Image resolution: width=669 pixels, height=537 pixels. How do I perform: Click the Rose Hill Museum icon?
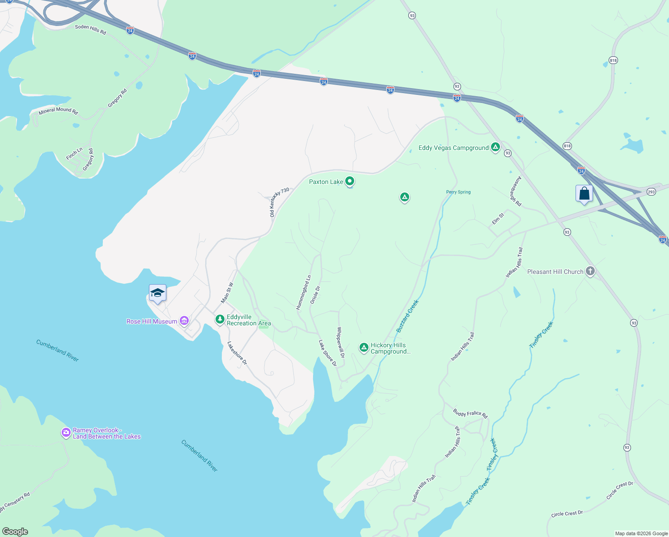(x=184, y=321)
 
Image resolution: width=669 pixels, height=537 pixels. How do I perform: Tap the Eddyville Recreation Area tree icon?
(x=220, y=319)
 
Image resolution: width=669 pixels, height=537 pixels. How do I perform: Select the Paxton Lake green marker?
(x=350, y=181)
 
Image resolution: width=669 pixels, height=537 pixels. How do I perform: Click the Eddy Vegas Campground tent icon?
(x=495, y=147)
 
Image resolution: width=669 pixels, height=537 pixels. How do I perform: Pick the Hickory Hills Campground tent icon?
(x=364, y=347)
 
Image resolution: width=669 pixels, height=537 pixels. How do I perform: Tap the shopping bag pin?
(x=584, y=194)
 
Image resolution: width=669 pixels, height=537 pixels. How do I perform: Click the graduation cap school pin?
(x=157, y=293)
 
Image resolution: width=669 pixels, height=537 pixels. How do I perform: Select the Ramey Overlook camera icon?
(x=66, y=432)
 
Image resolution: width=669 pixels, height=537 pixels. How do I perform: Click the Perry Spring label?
(x=458, y=192)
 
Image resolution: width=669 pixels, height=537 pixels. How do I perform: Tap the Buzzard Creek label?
(x=407, y=316)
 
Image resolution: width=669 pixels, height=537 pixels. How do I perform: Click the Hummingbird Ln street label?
(x=303, y=292)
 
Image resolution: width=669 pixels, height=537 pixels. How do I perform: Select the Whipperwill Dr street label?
(x=341, y=342)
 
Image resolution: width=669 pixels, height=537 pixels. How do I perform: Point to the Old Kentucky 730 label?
(x=279, y=202)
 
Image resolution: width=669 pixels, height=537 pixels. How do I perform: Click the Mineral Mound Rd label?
(x=58, y=110)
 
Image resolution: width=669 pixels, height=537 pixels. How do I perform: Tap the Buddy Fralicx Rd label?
(x=470, y=413)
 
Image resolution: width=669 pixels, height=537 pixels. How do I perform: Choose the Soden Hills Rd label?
(x=90, y=30)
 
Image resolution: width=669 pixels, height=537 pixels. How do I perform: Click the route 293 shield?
(x=651, y=192)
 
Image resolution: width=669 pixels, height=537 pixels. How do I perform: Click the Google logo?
(x=15, y=532)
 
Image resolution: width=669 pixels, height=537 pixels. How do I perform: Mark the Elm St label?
(x=498, y=218)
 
